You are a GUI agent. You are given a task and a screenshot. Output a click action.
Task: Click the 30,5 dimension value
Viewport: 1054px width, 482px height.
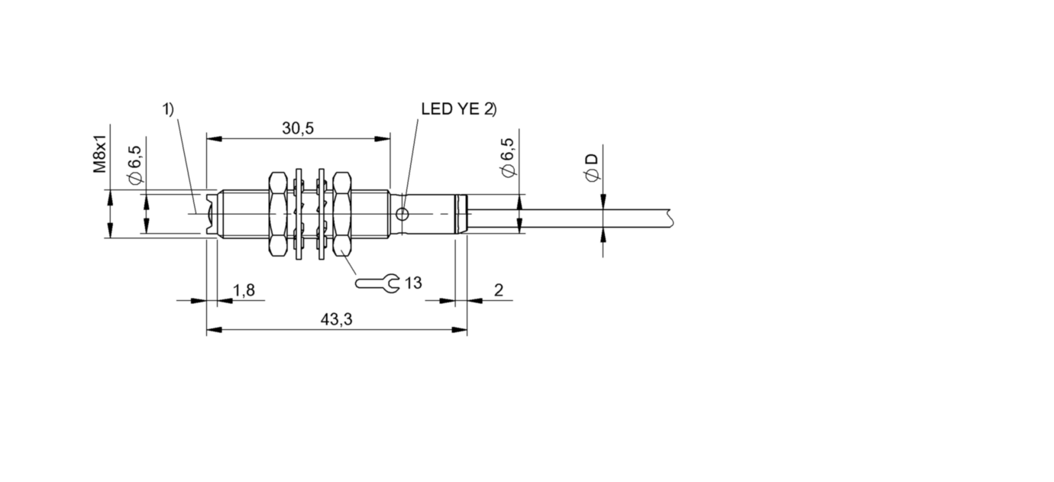(x=298, y=128)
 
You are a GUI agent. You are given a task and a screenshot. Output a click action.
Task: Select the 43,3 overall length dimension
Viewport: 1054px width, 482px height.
(x=336, y=319)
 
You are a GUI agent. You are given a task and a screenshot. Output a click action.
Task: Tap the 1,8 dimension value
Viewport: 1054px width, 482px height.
(x=244, y=290)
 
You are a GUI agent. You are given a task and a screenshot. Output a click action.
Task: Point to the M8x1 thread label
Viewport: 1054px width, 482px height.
(x=100, y=153)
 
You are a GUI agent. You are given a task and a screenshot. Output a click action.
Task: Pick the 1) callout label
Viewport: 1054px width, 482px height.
(x=168, y=109)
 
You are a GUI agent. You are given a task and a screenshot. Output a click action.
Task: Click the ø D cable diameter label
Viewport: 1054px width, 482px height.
(x=591, y=167)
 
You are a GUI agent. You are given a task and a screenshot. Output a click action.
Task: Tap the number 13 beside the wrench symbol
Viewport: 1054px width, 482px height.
(x=413, y=283)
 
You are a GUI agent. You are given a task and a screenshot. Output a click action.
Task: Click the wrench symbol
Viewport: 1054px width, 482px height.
(x=377, y=283)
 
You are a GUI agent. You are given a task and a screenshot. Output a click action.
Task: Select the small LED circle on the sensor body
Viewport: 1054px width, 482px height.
(x=402, y=215)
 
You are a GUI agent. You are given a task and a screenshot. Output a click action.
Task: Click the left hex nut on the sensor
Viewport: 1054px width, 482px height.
(x=277, y=214)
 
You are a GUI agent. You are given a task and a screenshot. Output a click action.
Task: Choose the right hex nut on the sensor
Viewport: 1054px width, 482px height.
(x=342, y=214)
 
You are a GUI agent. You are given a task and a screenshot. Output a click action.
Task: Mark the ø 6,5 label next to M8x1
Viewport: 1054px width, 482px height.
(x=135, y=164)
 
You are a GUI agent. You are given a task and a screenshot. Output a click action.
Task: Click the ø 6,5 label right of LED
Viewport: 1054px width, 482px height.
(x=509, y=157)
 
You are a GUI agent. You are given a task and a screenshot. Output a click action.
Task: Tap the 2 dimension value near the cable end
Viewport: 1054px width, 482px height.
(x=499, y=290)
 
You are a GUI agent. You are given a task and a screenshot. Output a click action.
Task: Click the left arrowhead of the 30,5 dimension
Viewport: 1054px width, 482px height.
(x=214, y=139)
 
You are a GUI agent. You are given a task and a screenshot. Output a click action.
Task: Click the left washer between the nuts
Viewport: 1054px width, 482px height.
(x=299, y=214)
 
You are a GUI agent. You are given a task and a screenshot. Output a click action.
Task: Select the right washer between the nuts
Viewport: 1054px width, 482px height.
(x=322, y=214)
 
